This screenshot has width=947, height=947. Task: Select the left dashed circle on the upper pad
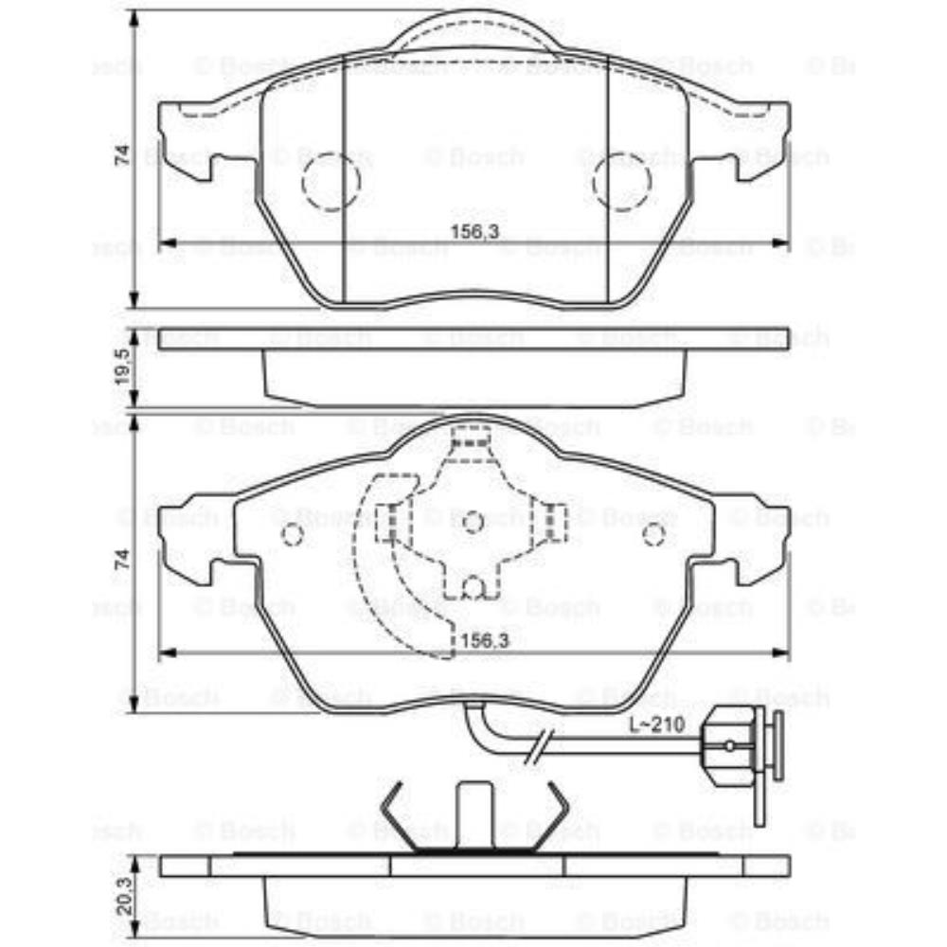[x=331, y=180]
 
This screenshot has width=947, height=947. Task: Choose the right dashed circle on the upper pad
[x=621, y=180]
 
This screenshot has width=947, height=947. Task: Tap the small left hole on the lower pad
[x=293, y=535]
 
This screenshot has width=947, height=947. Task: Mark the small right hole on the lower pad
[x=652, y=535]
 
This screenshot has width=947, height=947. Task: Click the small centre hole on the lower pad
[x=473, y=520]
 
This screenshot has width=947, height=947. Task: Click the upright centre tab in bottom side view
[x=473, y=814]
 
